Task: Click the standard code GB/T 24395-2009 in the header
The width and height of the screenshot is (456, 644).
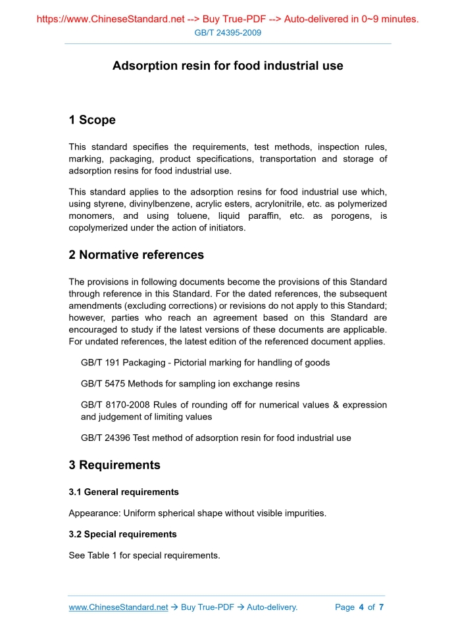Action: click(228, 33)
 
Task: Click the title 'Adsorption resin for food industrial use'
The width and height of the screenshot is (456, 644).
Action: click(228, 66)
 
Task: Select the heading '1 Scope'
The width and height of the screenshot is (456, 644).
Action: click(92, 120)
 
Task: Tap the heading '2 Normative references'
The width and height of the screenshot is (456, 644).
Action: click(136, 255)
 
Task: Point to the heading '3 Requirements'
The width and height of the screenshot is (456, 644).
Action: click(114, 465)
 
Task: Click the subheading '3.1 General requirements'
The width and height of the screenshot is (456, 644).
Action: click(124, 492)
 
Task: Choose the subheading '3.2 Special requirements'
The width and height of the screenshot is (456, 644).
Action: click(122, 534)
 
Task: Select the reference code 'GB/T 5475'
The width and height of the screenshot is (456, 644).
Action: click(100, 384)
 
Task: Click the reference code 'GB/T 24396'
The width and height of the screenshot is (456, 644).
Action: click(103, 438)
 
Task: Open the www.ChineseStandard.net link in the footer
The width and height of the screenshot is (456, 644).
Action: click(118, 607)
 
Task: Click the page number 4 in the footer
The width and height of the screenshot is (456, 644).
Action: click(361, 607)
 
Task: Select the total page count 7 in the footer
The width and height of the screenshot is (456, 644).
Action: click(381, 607)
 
